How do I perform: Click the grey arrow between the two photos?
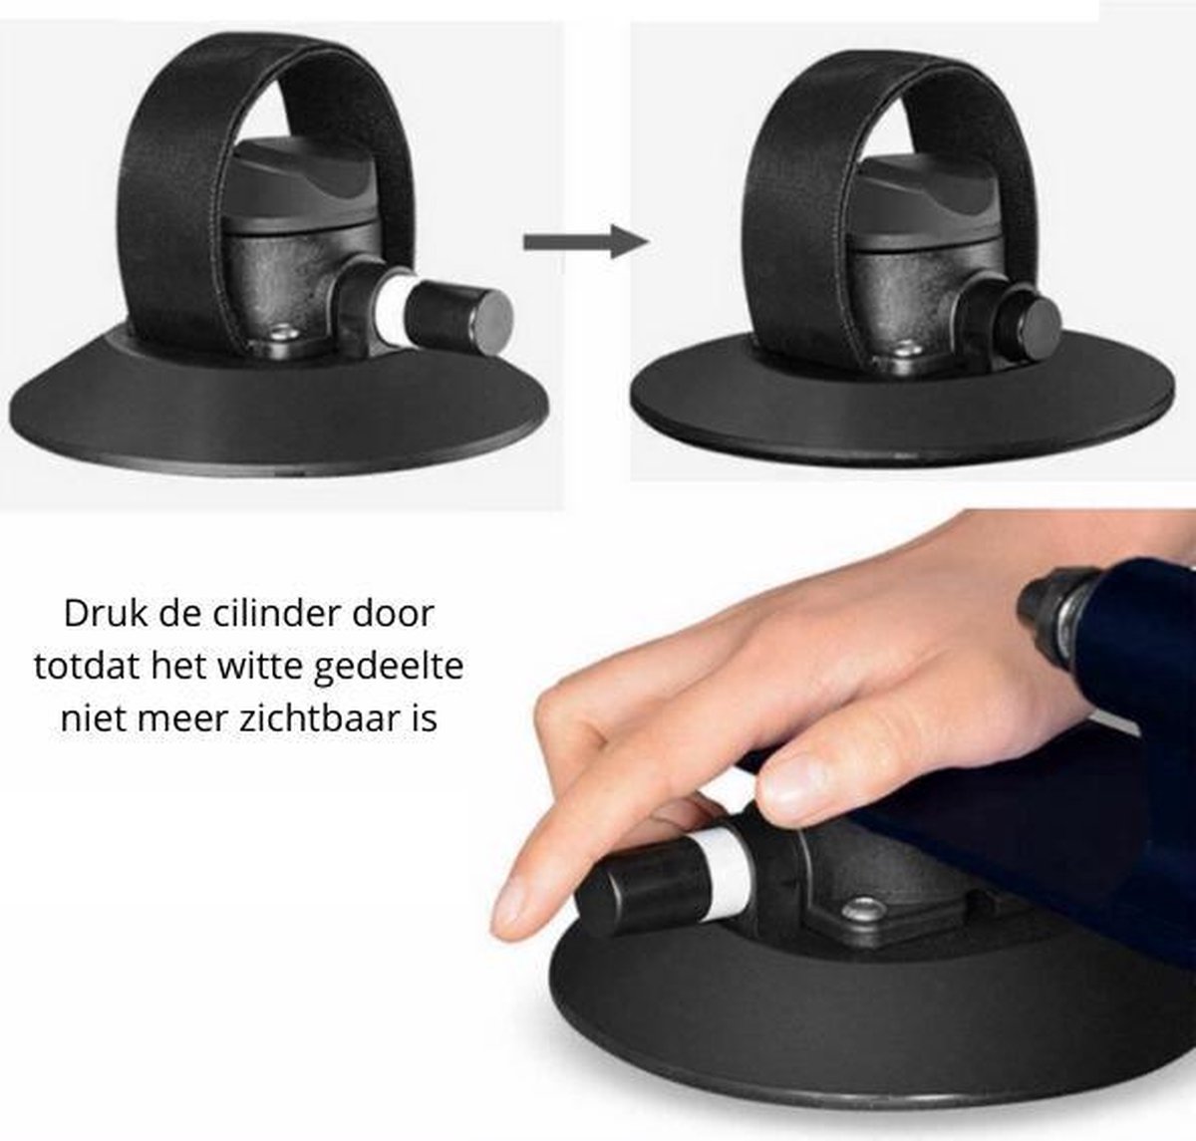point(586,241)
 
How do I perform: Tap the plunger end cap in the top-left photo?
point(462,317)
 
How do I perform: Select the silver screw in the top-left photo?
point(285,332)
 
